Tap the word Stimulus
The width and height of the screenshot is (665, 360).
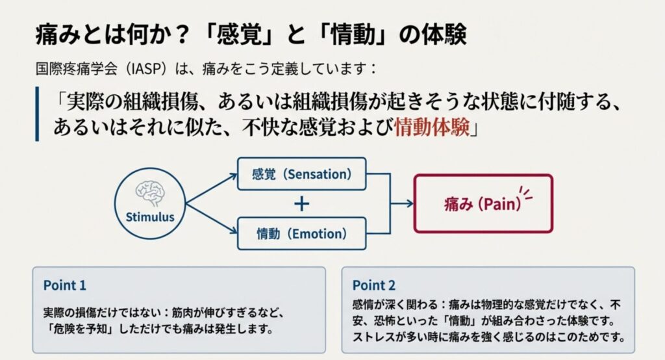[x=150, y=217]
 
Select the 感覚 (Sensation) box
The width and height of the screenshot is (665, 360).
[x=301, y=174]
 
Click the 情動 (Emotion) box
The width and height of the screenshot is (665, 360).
[x=301, y=233]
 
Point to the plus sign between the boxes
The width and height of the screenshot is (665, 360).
[x=301, y=204]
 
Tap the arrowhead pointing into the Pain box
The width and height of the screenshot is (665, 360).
[x=409, y=204]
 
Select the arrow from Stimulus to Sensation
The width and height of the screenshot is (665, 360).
[x=211, y=189]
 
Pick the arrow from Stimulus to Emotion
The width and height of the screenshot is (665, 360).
[x=211, y=218]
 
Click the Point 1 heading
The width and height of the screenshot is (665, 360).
[x=64, y=285]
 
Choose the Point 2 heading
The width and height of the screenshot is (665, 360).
[x=373, y=285]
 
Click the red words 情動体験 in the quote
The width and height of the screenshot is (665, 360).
[x=432, y=127]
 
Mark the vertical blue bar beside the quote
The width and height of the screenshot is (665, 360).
[x=37, y=114]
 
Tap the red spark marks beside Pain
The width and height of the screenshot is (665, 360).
[x=526, y=193]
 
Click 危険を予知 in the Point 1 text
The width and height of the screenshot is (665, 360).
[x=82, y=329]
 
